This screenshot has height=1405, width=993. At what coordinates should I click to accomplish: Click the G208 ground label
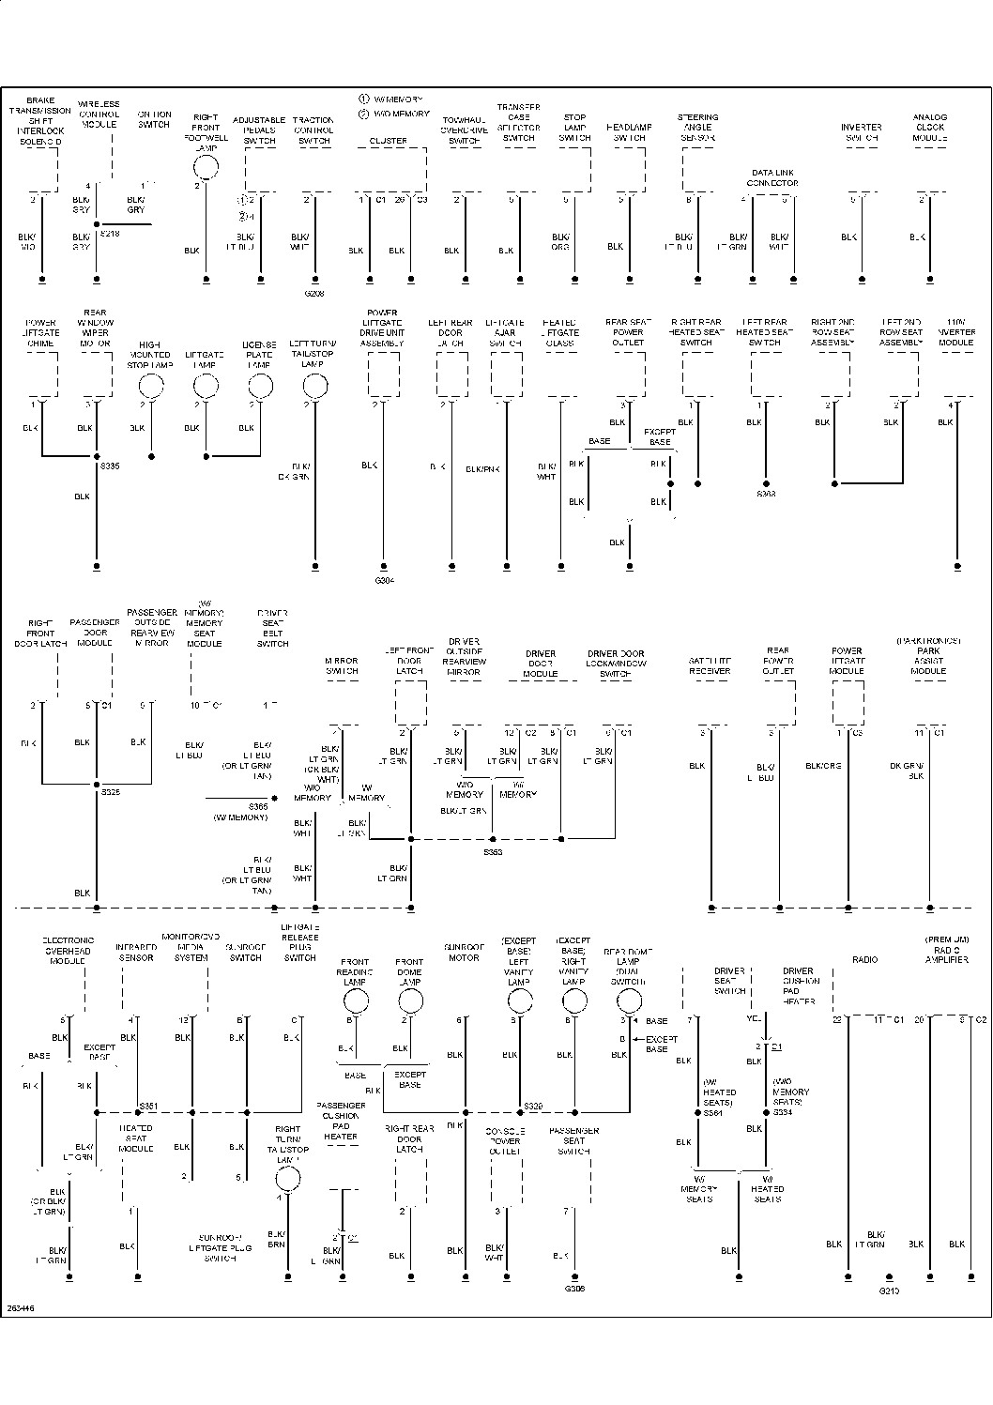point(314,294)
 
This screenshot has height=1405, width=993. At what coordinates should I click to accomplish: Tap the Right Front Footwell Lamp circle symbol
point(206,168)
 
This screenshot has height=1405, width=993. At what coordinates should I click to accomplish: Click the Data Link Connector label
point(772,178)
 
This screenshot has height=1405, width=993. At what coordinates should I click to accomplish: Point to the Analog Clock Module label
point(929,128)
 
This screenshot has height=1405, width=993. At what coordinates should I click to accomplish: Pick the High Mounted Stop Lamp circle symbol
point(151,386)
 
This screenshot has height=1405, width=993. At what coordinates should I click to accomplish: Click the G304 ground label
point(383,581)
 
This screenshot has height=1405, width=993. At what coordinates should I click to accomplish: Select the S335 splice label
point(110,466)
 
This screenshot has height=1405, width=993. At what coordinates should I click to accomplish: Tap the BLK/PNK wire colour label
point(482,469)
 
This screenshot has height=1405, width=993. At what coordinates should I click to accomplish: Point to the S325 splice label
point(110,792)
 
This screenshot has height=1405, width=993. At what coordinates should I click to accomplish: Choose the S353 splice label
point(493,852)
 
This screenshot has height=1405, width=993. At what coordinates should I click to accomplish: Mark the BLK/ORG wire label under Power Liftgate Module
point(823,766)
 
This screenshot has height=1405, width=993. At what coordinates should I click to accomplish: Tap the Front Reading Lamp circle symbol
point(355,1001)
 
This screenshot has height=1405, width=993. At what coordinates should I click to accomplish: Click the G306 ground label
point(574,1289)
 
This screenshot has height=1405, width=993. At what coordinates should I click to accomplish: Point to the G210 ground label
point(888,1290)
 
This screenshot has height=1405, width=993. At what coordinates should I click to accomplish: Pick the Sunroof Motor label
point(462,953)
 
